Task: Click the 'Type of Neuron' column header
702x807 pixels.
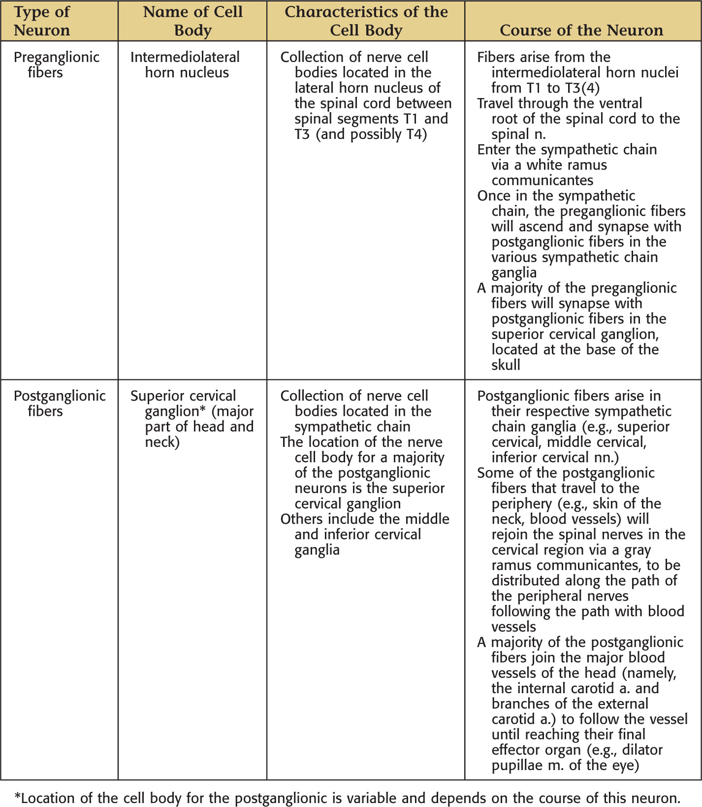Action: pyautogui.click(x=42, y=21)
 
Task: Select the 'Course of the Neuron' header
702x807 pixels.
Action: pyautogui.click(x=581, y=30)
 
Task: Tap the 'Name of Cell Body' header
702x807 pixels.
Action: pyautogui.click(x=192, y=21)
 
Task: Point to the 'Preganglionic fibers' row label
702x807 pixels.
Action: pyautogui.click(x=56, y=65)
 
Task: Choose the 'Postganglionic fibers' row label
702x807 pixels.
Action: pyautogui.click(x=59, y=403)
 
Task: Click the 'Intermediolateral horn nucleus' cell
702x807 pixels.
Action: pyautogui.click(x=185, y=65)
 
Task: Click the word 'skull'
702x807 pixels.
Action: pyautogui.click(x=506, y=365)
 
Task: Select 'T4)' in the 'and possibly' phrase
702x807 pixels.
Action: pyautogui.click(x=416, y=134)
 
